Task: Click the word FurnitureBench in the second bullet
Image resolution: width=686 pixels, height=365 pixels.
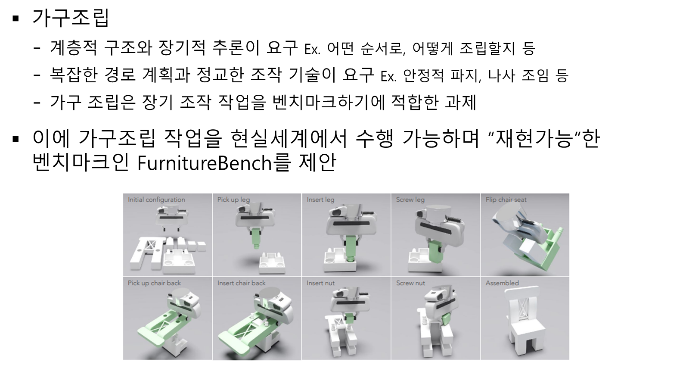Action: click(205, 163)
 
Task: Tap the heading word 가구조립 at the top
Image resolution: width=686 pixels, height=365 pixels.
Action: click(71, 18)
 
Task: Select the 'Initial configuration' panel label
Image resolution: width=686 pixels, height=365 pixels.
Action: click(156, 200)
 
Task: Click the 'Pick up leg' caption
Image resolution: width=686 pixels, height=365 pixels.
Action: click(234, 200)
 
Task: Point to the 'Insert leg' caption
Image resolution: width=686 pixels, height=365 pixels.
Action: click(320, 200)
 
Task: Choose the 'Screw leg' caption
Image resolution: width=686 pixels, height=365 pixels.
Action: click(410, 200)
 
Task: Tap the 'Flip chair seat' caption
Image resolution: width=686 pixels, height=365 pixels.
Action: click(506, 200)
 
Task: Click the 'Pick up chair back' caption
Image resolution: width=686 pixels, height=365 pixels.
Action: click(154, 283)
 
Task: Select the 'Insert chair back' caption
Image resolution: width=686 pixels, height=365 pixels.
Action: click(241, 283)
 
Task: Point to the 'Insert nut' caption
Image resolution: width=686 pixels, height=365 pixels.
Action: click(321, 283)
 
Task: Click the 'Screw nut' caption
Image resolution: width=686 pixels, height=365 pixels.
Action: click(411, 283)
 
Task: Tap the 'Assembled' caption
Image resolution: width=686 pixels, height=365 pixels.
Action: click(502, 283)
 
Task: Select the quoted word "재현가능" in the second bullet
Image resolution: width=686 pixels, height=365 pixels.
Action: click(534, 138)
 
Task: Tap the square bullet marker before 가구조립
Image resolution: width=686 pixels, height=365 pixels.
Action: click(16, 19)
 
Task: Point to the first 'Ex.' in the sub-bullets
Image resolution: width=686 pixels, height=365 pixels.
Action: click(312, 49)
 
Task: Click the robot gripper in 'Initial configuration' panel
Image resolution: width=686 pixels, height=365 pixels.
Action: click(172, 218)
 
